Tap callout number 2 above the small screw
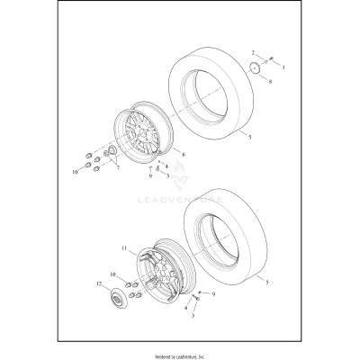coord(255,53)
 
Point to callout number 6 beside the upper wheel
coord(184,154)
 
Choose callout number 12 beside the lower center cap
coord(99,284)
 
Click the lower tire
coord(234,252)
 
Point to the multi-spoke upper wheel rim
coord(145,140)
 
